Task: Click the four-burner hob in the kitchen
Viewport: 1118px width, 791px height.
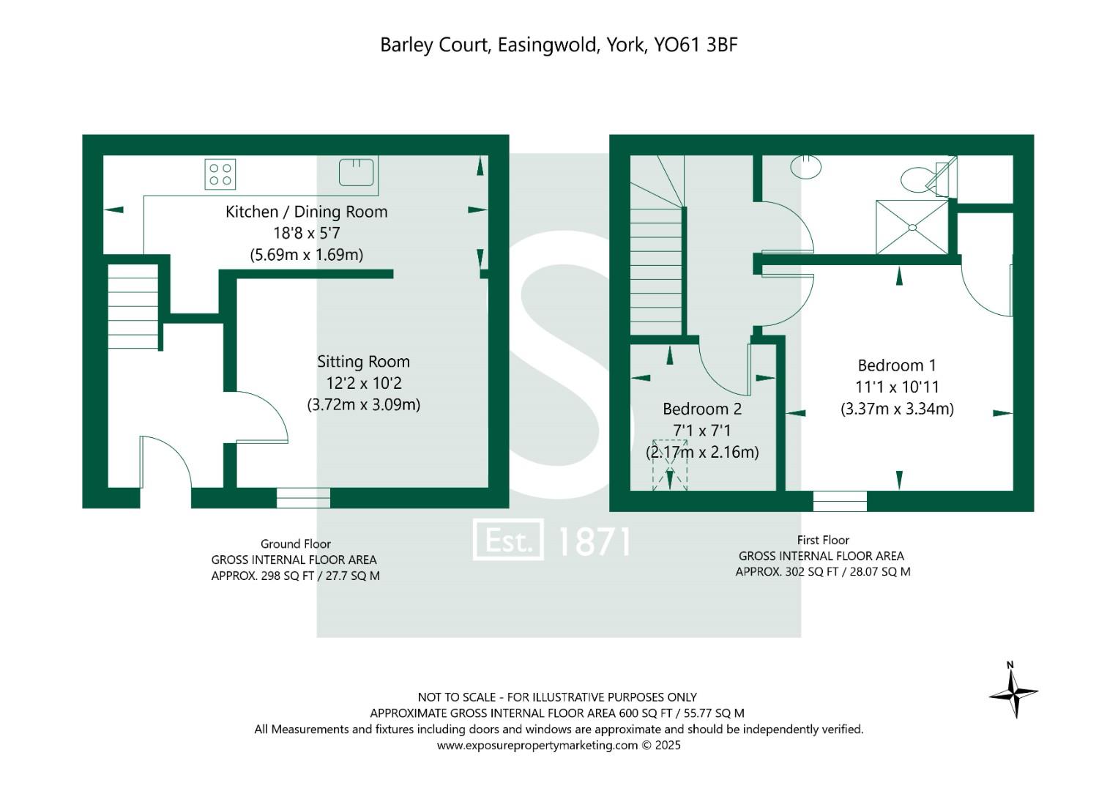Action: click(220, 174)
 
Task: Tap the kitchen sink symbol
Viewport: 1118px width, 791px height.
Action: click(357, 172)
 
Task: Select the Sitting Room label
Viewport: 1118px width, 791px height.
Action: click(363, 362)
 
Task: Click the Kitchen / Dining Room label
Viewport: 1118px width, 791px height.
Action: click(306, 212)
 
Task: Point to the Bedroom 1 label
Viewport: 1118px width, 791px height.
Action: click(896, 365)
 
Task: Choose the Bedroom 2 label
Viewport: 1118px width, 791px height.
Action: click(701, 409)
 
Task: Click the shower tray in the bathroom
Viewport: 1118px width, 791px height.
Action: click(912, 227)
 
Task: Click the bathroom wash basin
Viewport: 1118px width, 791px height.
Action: click(806, 166)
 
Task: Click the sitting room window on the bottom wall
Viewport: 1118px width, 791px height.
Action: click(303, 498)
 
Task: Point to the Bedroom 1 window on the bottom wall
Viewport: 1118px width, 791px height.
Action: click(840, 502)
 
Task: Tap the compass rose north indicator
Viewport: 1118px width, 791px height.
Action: click(1013, 691)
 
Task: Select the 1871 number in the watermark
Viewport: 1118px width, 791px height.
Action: click(594, 542)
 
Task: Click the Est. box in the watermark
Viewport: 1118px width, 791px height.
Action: click(508, 541)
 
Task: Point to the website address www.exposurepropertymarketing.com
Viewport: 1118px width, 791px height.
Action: click(537, 746)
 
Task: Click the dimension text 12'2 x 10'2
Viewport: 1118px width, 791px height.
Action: click(363, 383)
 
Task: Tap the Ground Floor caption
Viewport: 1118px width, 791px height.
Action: click(295, 544)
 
